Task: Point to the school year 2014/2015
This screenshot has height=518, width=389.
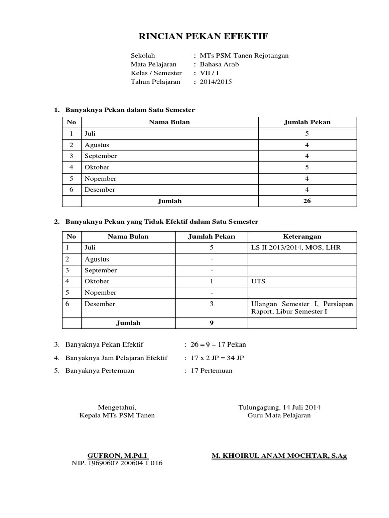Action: [x=216, y=81]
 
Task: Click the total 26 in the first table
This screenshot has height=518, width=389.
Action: [x=307, y=201]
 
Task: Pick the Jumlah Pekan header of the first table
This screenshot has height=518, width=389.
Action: [x=307, y=122]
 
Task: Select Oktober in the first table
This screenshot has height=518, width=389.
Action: [x=97, y=167]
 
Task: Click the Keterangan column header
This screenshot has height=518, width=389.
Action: [x=301, y=236]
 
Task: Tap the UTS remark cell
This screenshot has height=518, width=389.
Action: [x=258, y=281]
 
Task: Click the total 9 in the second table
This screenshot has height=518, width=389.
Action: [x=211, y=323]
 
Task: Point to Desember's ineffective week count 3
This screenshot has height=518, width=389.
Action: [x=211, y=304]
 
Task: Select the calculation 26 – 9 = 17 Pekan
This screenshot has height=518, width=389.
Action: [x=218, y=344]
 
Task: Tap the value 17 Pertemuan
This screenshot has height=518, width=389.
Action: [x=212, y=371]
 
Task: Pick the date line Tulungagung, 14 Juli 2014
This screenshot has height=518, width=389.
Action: [x=279, y=407]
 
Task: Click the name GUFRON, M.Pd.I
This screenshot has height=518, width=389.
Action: [x=118, y=455]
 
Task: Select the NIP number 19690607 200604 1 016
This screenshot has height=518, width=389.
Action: [x=118, y=463]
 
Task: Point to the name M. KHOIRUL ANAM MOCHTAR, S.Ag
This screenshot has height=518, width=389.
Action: [x=279, y=455]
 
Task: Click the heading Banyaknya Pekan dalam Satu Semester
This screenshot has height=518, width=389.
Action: [x=130, y=110]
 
